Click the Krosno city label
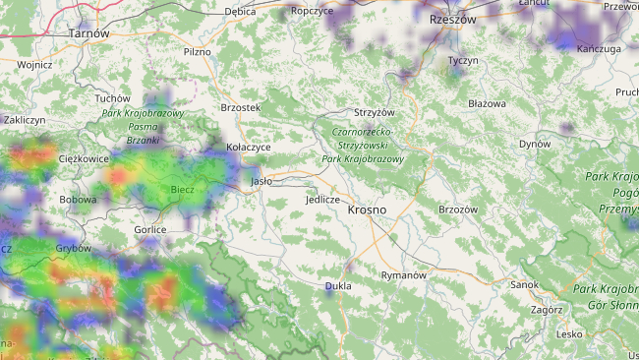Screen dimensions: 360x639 point(367,210)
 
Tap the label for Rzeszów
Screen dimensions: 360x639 point(452,19)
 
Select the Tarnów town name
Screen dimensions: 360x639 point(88,33)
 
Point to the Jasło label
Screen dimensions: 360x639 point(261,181)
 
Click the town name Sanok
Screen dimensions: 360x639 point(524,284)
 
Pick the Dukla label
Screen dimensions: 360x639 point(337,287)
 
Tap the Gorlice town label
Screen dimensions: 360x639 point(150,229)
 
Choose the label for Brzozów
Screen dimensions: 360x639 point(457,210)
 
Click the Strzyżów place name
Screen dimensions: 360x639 point(374,113)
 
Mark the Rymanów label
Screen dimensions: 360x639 point(403,275)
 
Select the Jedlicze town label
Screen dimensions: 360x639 point(322,200)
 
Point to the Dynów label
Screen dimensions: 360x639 point(535,144)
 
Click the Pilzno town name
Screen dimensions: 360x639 point(198,51)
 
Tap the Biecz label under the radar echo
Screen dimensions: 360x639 point(182,189)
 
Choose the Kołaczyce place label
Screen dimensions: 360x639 point(248,148)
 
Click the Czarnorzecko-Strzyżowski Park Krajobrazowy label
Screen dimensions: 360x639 point(363,145)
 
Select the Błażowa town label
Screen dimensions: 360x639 point(487,103)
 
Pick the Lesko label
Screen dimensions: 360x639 point(569,333)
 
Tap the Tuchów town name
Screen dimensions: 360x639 point(112,98)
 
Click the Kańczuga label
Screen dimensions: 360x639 point(599,48)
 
